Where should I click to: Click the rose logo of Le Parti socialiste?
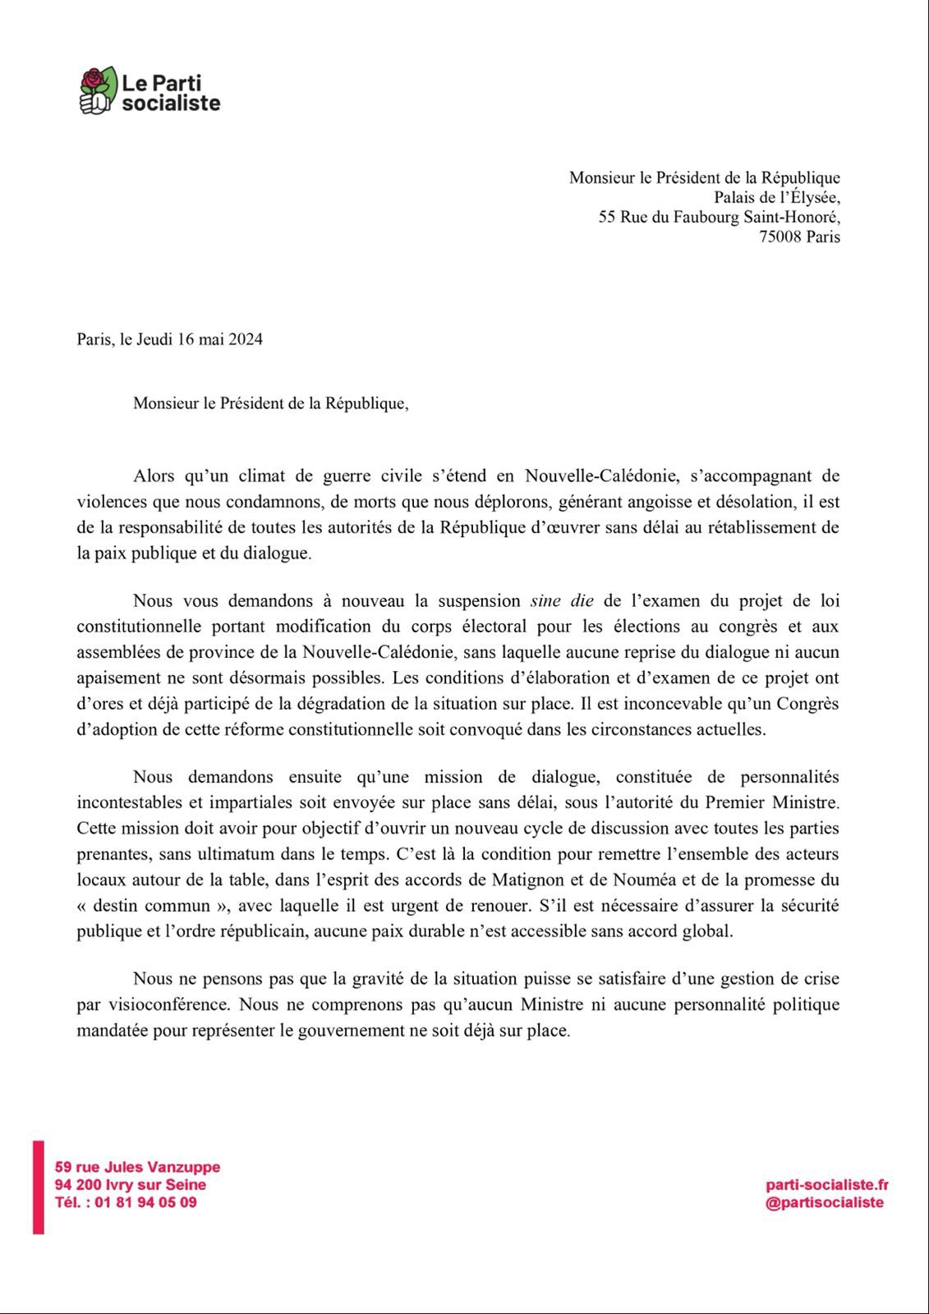pos(98,90)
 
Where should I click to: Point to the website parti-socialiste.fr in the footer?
pos(827,1184)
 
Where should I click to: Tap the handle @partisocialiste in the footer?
pos(825,1202)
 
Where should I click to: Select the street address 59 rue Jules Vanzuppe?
pos(137,1167)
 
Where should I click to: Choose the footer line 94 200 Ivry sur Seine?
pos(131,1184)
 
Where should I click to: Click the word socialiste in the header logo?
pos(171,103)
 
